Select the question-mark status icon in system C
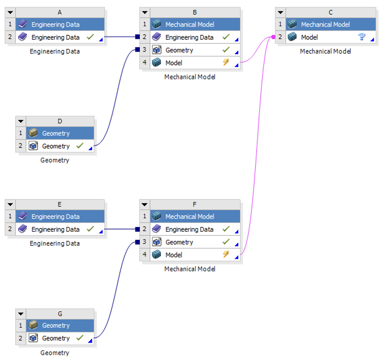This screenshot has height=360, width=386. click(x=362, y=37)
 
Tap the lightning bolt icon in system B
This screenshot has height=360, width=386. click(x=225, y=63)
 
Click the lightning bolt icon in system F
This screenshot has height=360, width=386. click(x=225, y=254)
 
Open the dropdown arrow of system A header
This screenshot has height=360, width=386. click(x=10, y=12)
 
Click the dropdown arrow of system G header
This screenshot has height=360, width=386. click(x=21, y=314)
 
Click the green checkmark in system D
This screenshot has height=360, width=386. click(x=80, y=146)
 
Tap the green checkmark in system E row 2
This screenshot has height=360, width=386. click(x=90, y=229)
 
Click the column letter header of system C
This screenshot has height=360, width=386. click(x=331, y=12)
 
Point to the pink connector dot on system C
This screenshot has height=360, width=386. click(x=273, y=37)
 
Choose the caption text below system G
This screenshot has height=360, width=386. click(x=55, y=352)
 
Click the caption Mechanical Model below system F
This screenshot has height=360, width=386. click(x=190, y=269)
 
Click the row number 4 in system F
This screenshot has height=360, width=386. click(x=145, y=255)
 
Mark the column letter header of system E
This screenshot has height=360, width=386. click(x=59, y=204)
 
